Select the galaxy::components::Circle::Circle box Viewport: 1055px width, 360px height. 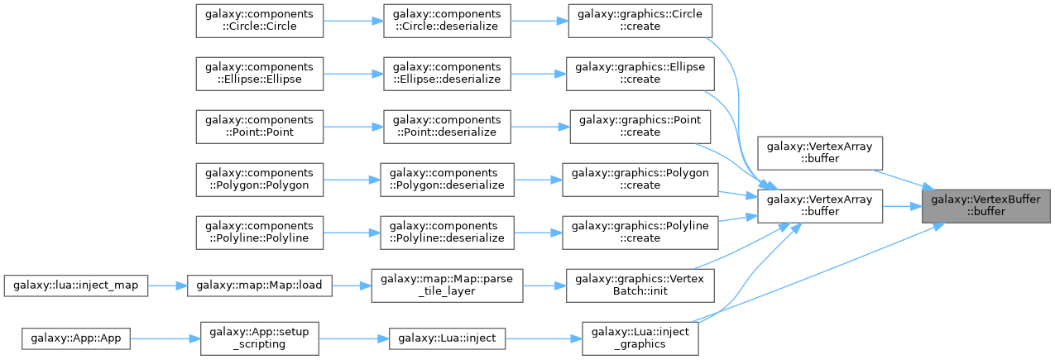[x=258, y=20]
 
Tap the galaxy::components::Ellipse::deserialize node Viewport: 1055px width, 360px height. [x=447, y=73]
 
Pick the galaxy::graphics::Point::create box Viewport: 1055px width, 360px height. [x=640, y=126]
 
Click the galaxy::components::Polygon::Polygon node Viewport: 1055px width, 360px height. [x=258, y=179]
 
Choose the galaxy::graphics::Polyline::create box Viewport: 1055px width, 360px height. [x=640, y=232]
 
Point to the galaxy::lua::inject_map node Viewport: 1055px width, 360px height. [x=75, y=285]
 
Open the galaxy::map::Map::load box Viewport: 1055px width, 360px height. [x=260, y=285]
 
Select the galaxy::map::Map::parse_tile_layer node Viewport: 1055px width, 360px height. [x=447, y=285]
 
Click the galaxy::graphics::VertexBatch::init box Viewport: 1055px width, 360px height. [x=640, y=285]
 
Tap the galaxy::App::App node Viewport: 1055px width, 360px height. [x=75, y=338]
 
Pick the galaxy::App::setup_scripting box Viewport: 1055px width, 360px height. [x=260, y=338]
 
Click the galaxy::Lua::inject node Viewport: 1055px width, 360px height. [x=447, y=338]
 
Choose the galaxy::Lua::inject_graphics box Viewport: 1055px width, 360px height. [x=640, y=338]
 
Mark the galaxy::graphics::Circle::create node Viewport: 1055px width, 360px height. [x=640, y=20]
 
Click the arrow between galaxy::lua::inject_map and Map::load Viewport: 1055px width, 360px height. [x=168, y=285]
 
